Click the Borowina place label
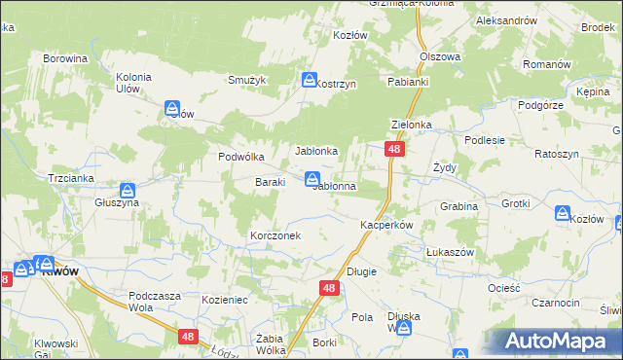[66, 58]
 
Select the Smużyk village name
[247, 80]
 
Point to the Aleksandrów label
[506, 20]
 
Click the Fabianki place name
[408, 83]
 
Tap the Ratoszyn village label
[557, 155]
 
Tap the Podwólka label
[241, 157]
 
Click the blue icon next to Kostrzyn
[310, 80]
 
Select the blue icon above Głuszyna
[128, 190]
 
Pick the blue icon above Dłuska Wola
[404, 329]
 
